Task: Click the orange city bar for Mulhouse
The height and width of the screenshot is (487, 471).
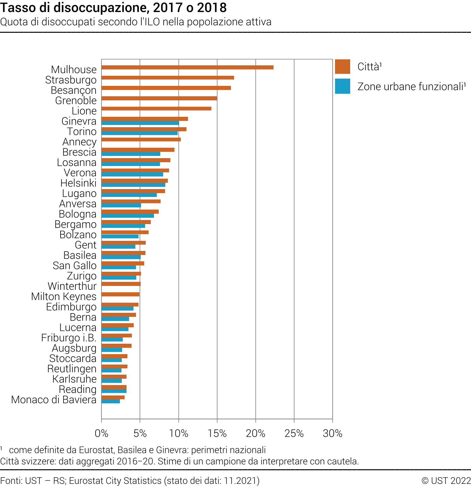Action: click(x=187, y=67)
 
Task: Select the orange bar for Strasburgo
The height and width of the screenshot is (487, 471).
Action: click(x=168, y=78)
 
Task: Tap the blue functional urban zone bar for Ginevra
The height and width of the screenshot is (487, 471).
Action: click(x=140, y=123)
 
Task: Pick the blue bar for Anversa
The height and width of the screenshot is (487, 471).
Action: click(x=121, y=205)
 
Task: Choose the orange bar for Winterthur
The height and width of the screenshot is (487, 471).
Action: click(x=121, y=284)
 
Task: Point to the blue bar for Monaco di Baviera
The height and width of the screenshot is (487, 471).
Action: click(x=110, y=401)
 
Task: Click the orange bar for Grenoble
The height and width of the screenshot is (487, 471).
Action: click(x=159, y=98)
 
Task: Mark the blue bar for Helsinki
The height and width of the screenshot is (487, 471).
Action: click(x=133, y=185)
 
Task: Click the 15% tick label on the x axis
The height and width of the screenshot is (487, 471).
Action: click(x=217, y=433)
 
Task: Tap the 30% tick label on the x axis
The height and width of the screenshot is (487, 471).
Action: click(x=333, y=433)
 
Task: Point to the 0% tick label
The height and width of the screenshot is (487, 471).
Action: click(x=102, y=433)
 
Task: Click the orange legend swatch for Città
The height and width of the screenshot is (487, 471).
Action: click(x=343, y=67)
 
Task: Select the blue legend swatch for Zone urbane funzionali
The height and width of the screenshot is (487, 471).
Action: click(x=343, y=86)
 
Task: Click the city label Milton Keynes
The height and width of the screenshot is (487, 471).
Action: click(x=64, y=297)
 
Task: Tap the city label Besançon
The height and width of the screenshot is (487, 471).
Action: click(x=74, y=90)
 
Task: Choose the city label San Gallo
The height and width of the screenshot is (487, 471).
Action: click(x=74, y=266)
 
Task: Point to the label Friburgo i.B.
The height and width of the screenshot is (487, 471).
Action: click(x=69, y=338)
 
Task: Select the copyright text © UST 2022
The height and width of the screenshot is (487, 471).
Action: click(x=446, y=481)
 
